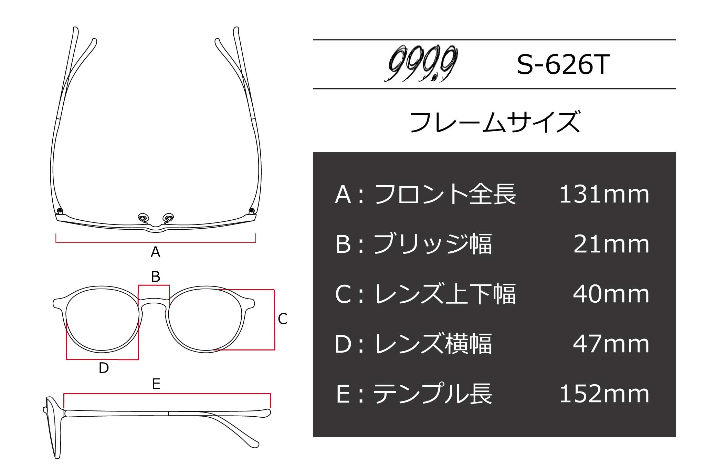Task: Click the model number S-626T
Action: pos(564,64)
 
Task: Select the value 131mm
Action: pos(604,194)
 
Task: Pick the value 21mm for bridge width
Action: pos(611,244)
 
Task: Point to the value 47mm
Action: pos(611,344)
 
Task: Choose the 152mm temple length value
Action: pos(604,394)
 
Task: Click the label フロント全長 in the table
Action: pos(445,194)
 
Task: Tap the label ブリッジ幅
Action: pos(433,244)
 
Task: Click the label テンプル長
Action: pos(433,394)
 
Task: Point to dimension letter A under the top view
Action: pos(155,252)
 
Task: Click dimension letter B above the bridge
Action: pos(156,276)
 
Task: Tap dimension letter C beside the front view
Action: pos(283,319)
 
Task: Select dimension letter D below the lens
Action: pos(104,368)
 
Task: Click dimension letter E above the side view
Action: pos(156,384)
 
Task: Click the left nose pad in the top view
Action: pos(143,217)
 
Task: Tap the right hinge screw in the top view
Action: pos(251,210)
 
